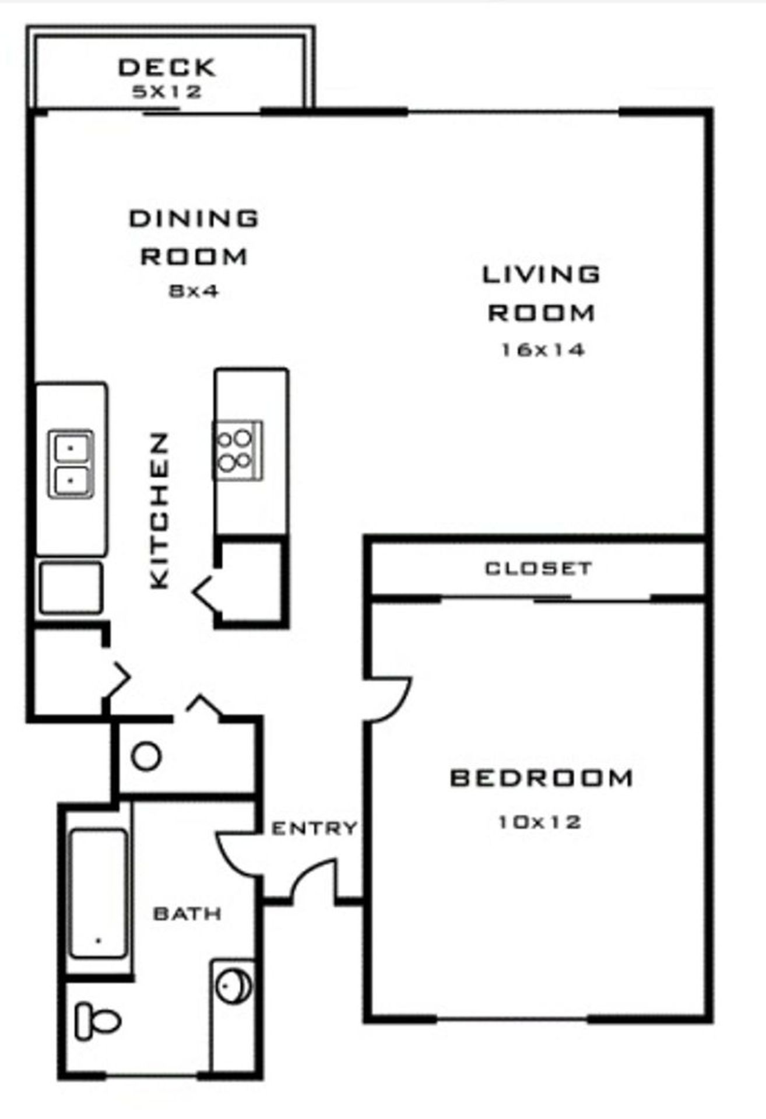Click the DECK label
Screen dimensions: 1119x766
tap(167, 68)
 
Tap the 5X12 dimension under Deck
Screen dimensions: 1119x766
tap(167, 92)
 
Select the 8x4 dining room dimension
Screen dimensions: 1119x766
tap(194, 291)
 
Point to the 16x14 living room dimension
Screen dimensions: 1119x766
tap(542, 350)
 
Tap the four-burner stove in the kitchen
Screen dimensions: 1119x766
tap(237, 451)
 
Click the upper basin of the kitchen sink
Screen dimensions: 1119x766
tap(71, 448)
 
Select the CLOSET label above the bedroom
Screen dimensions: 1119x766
tap(538, 568)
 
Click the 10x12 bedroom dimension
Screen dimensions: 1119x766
tap(539, 822)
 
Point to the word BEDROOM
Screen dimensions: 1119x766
tap(541, 778)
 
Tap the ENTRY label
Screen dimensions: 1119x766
tap(314, 828)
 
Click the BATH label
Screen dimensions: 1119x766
tap(187, 913)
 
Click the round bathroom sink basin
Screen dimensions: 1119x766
tap(234, 986)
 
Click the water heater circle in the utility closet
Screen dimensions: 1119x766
tap(146, 756)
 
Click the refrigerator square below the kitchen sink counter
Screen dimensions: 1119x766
tap(71, 588)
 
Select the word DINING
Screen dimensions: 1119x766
tap(194, 219)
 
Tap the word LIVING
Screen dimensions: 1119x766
tap(541, 274)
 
